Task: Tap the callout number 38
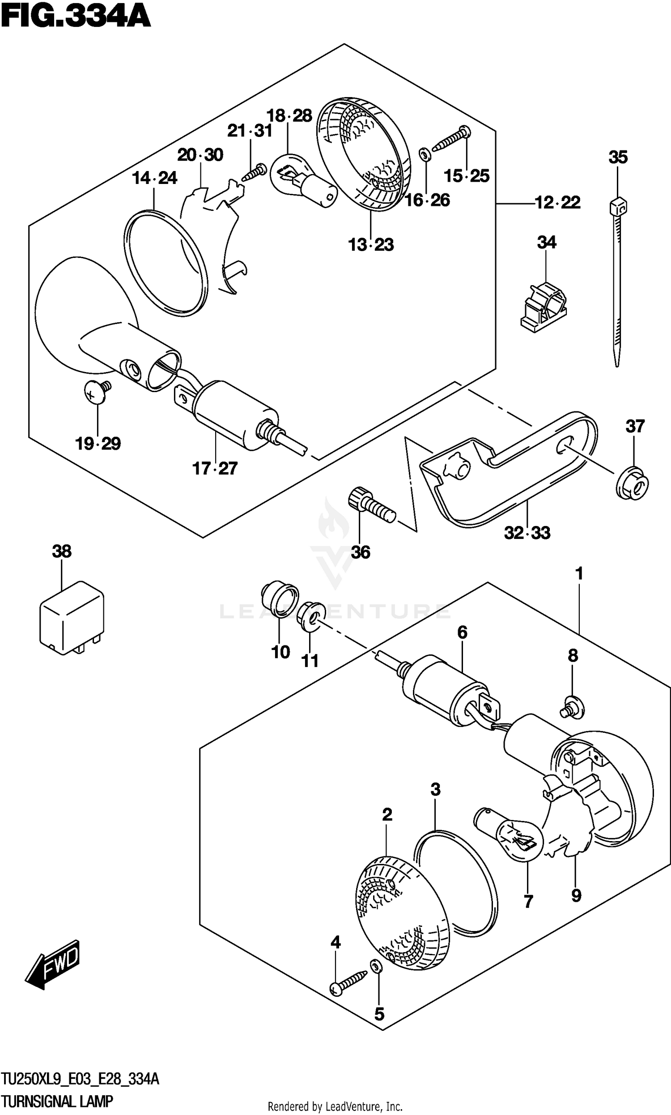(x=61, y=551)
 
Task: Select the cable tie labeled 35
(x=618, y=281)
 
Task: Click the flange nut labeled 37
(x=633, y=483)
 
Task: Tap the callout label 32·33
(x=527, y=533)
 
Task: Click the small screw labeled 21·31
(x=254, y=172)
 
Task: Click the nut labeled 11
(x=310, y=615)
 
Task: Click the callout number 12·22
(x=557, y=202)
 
